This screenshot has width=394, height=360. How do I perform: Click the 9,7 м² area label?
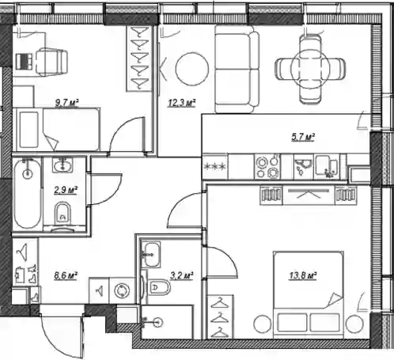[x=67, y=103]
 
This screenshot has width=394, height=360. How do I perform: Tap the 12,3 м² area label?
[x=182, y=103]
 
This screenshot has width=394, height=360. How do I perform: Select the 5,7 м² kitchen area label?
[x=303, y=138]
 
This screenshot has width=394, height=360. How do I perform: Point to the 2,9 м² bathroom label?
[x=66, y=190]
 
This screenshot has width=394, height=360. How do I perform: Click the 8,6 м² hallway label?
[x=66, y=275]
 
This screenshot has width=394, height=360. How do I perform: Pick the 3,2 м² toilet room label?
[x=182, y=275]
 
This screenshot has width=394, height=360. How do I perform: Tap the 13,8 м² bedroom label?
[x=303, y=275]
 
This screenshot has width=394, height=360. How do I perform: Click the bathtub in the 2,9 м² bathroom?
[x=28, y=193]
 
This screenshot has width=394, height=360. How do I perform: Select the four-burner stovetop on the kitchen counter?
[x=267, y=167]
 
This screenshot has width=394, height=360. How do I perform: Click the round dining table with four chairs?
[x=310, y=70]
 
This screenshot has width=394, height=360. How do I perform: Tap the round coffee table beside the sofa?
[x=192, y=69]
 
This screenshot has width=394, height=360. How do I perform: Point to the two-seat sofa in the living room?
[x=237, y=70]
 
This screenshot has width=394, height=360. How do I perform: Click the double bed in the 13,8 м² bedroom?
[x=309, y=295]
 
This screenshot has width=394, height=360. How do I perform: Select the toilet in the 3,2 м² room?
[x=159, y=287]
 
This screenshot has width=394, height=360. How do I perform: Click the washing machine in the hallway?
[x=122, y=290]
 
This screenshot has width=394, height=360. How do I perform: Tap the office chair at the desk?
[x=51, y=63]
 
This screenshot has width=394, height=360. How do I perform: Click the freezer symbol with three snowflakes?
[x=215, y=167]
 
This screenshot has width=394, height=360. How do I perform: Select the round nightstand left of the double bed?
[x=263, y=324]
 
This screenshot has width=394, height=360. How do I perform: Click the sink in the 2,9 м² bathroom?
[x=63, y=165]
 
